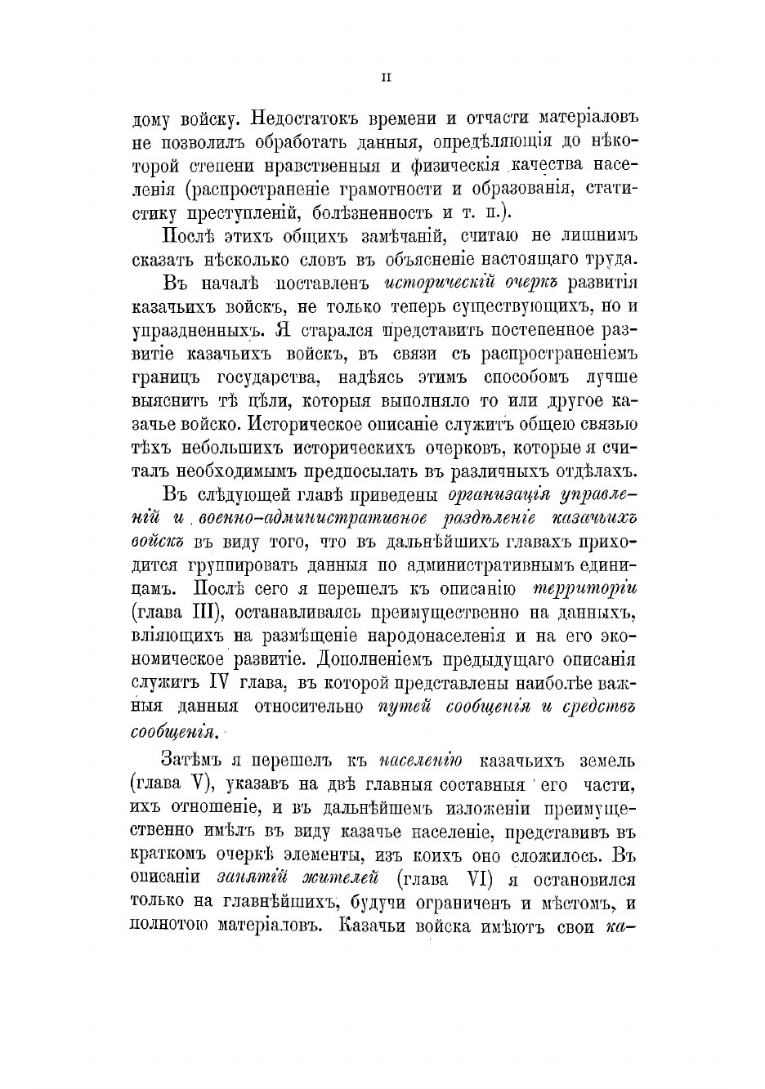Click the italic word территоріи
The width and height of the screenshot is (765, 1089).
tap(584, 589)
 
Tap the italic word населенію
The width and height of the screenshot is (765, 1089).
tap(422, 761)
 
